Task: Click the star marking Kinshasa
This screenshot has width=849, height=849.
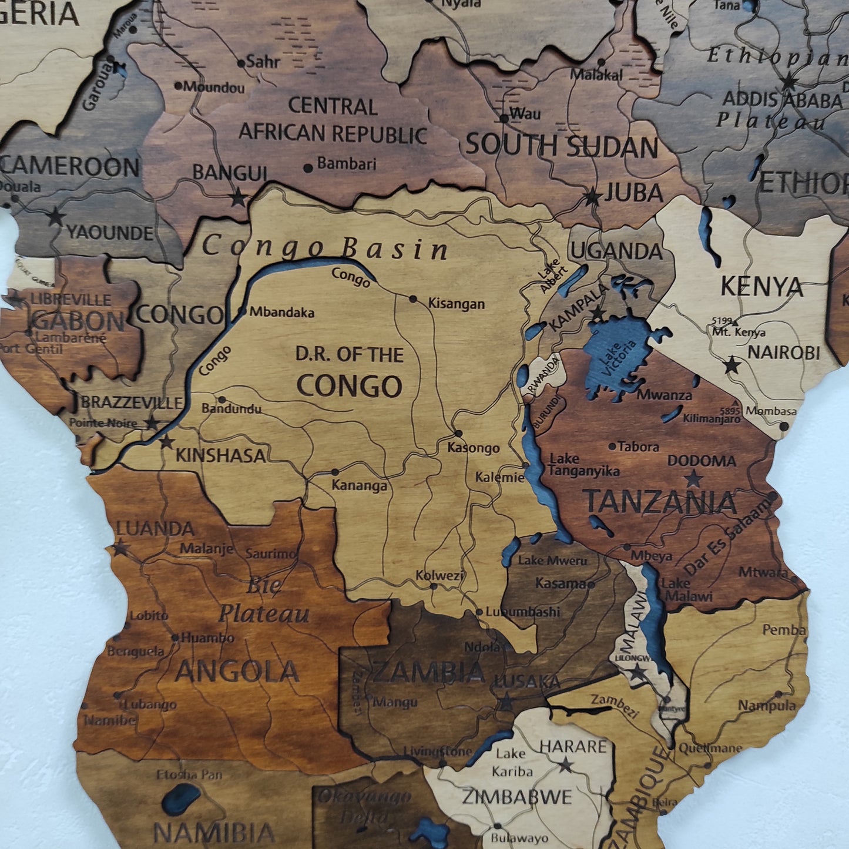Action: (167, 442)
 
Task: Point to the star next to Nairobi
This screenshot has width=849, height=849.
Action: (732, 365)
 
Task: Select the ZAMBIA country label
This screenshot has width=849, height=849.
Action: (429, 672)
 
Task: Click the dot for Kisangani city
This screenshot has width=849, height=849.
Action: (414, 299)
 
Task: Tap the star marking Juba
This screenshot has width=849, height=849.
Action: (592, 197)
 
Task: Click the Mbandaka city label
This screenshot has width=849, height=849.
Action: (281, 312)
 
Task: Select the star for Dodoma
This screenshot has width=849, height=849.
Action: (694, 478)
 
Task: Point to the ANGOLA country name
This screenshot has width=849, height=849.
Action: (237, 672)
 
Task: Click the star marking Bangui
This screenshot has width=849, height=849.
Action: (238, 197)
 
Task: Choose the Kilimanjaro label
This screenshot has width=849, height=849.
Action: (712, 419)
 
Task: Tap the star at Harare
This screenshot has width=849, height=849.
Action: (566, 765)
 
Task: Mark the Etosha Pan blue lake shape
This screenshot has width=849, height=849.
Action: (182, 800)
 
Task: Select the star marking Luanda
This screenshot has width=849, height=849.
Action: (120, 549)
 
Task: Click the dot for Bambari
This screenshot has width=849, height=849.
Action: (308, 168)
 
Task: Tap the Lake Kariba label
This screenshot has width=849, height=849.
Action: (512, 762)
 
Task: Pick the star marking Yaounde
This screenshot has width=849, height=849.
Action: (56, 217)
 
